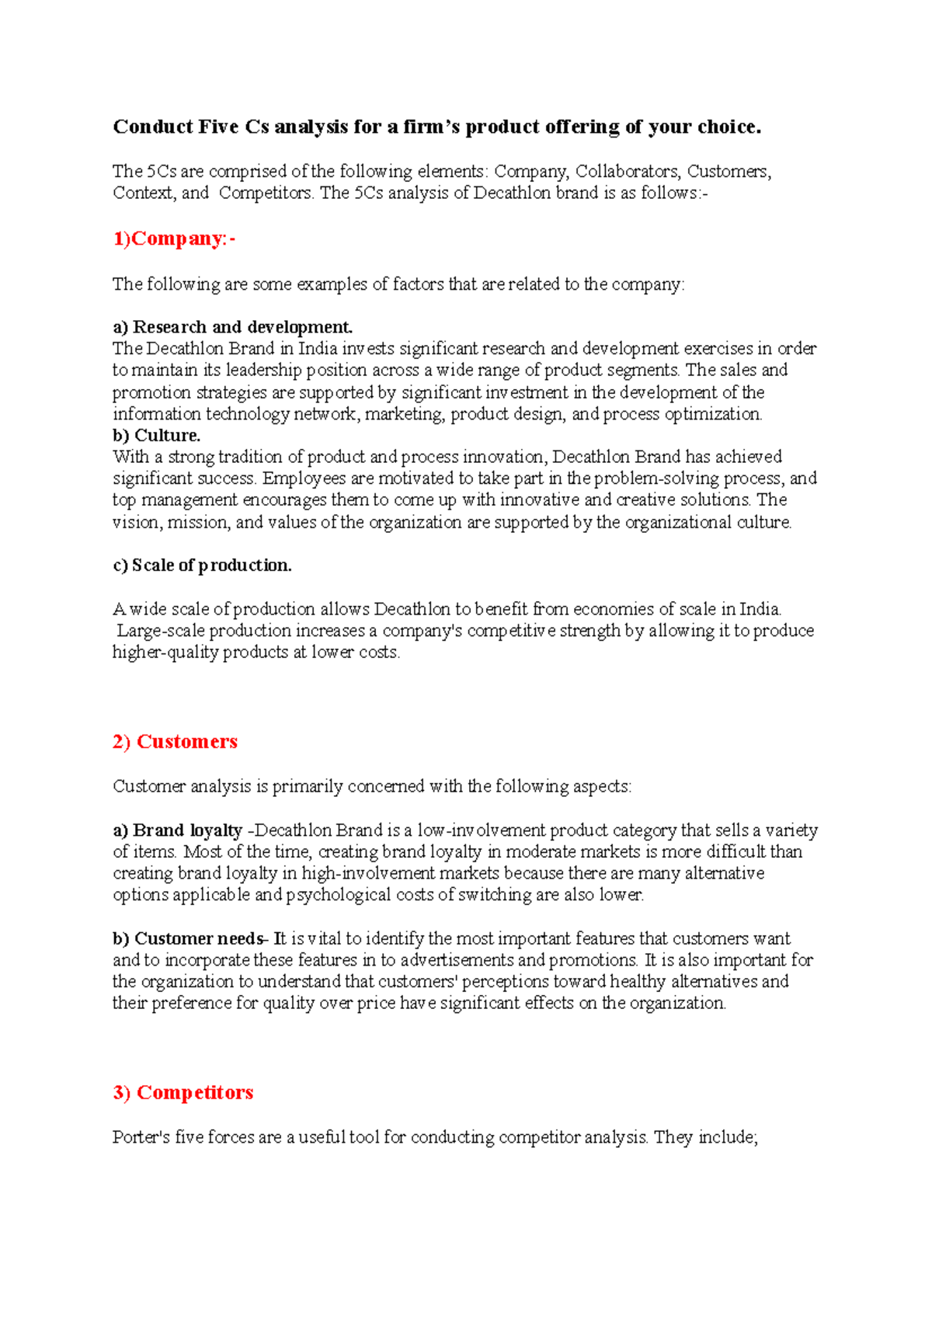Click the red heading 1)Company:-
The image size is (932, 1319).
(174, 238)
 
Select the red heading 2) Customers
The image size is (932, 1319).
(175, 742)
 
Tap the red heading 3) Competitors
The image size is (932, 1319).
(183, 1092)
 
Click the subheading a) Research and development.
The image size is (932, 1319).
(233, 327)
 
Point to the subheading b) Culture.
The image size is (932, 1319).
(157, 436)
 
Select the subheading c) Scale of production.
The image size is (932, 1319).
(203, 566)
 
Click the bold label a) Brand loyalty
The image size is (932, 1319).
(178, 830)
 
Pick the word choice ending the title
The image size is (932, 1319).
(729, 127)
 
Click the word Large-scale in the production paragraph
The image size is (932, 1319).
(160, 631)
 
